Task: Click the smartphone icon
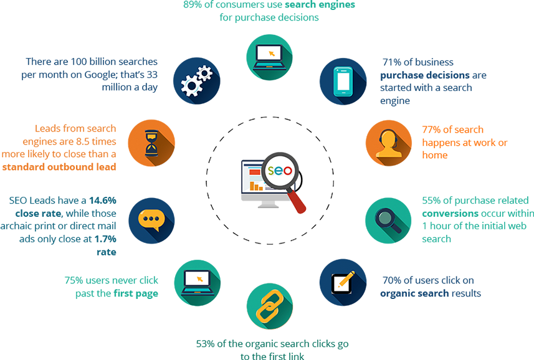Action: tap(343, 82)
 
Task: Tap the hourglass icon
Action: tap(151, 143)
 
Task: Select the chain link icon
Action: tap(269, 306)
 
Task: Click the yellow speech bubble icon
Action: tap(151, 220)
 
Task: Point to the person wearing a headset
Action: tap(389, 144)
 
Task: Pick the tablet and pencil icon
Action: tap(343, 282)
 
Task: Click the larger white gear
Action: tap(191, 86)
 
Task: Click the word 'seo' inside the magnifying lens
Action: tap(280, 170)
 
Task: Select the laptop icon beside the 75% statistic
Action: tap(198, 283)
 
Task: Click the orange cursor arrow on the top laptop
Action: tap(272, 54)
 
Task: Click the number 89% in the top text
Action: tap(193, 4)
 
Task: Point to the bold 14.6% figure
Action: tap(103, 201)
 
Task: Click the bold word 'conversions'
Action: tap(451, 214)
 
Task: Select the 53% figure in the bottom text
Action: tap(206, 344)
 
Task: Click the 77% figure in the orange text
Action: tap(431, 130)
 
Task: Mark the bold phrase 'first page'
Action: tap(136, 293)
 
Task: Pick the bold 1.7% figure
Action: tap(105, 239)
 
